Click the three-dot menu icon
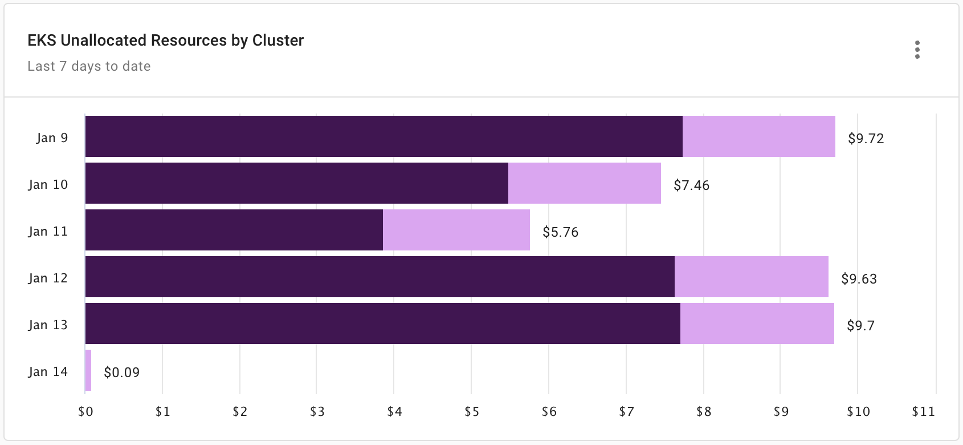click(x=917, y=50)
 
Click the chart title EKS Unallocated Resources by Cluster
click(x=165, y=41)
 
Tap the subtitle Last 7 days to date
click(x=89, y=66)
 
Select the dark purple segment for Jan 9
click(x=383, y=136)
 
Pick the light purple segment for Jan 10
click(x=584, y=183)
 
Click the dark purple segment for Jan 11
click(x=234, y=230)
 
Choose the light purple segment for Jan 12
click(x=751, y=277)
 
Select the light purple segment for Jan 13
click(x=757, y=323)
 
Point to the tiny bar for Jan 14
click(x=88, y=370)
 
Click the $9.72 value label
click(x=866, y=139)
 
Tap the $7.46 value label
click(x=691, y=185)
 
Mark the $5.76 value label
click(x=560, y=232)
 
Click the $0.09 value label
click(x=121, y=373)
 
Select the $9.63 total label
click(x=859, y=279)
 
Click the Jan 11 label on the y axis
click(x=48, y=231)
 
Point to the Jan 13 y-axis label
click(x=48, y=325)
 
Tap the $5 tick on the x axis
click(x=471, y=412)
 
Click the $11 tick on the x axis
click(x=923, y=412)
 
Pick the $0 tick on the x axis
click(x=85, y=412)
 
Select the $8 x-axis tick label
click(x=703, y=412)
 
